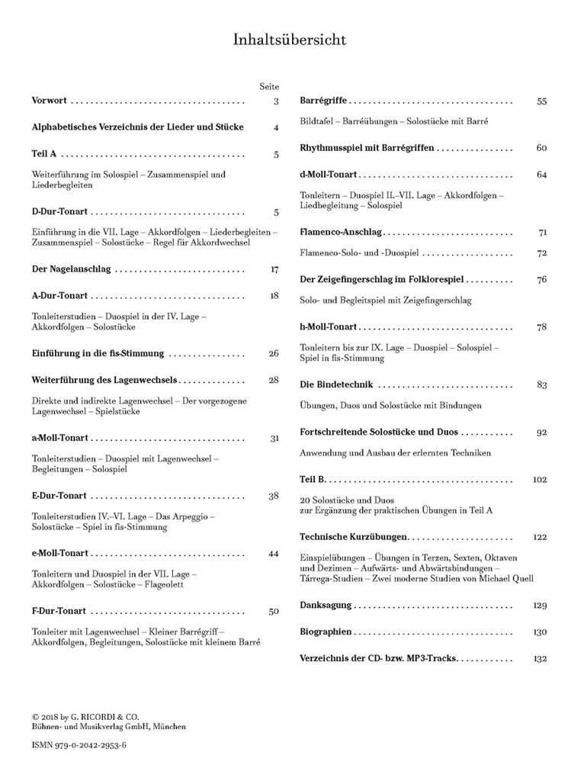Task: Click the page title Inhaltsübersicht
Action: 292,40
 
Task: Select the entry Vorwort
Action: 50,101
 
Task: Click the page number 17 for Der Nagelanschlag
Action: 275,269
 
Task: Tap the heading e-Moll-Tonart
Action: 61,553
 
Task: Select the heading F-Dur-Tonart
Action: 59,611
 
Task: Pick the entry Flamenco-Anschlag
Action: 341,231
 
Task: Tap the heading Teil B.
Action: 313,479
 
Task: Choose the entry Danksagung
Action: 326,605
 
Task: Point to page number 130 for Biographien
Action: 541,632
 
